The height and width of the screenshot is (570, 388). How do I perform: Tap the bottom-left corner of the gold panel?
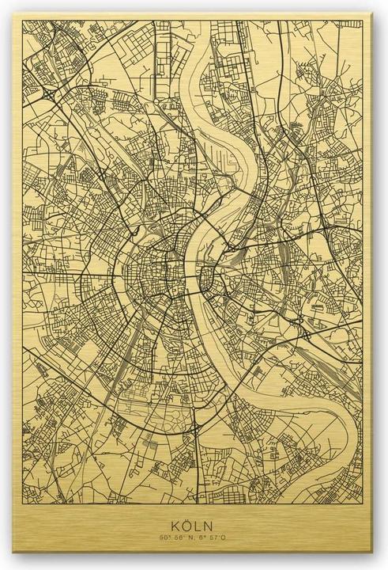coord(10,564)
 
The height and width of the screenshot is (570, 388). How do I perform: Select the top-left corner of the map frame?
coord(24,23)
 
